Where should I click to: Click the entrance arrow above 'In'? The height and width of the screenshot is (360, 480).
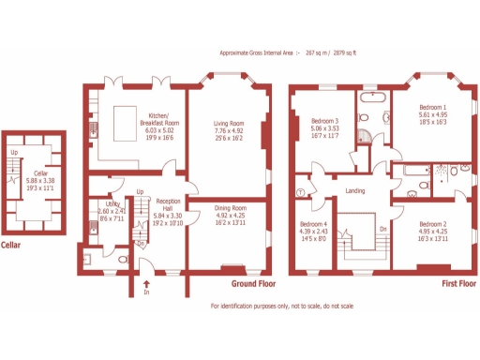146,280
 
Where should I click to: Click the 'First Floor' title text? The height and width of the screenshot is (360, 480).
459,282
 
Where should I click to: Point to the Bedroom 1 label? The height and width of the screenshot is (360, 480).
432,108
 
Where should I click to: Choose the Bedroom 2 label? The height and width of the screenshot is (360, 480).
432,224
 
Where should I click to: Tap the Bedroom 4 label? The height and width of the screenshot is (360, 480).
313,225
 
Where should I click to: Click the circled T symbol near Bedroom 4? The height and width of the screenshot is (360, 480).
300,192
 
